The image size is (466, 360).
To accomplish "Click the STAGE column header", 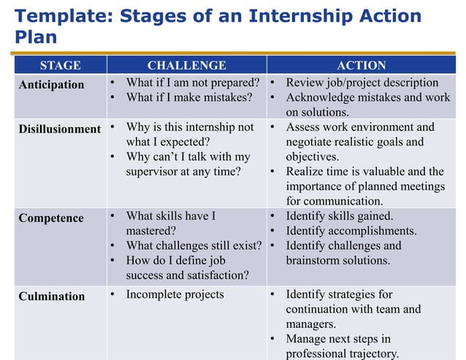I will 60,65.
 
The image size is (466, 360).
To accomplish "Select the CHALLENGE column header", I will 186,65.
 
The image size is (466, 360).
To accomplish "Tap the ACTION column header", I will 362,65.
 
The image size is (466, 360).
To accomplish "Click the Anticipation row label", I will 51,85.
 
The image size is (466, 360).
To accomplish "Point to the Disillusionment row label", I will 60,129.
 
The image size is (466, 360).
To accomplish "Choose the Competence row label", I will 51,218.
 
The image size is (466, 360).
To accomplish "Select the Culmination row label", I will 52,296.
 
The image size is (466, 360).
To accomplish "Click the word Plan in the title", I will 36,38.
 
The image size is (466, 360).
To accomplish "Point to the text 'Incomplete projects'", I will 175,295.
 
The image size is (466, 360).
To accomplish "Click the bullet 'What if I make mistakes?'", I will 188,97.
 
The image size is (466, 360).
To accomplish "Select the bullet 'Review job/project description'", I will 362,83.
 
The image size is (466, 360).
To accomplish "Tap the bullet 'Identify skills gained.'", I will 339,216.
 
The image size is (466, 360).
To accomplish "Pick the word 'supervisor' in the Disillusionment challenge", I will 154,172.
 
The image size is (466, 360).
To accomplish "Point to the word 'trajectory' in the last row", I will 372,354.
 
